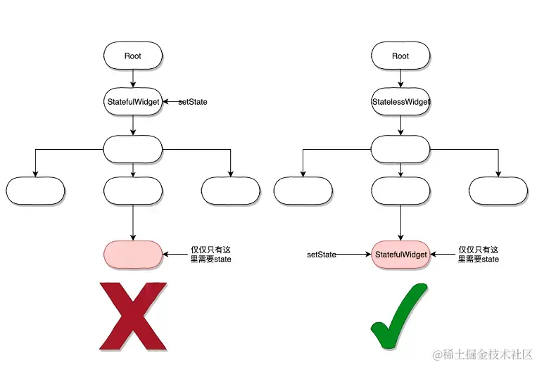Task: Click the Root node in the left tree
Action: pyautogui.click(x=133, y=56)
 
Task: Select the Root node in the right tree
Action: pyautogui.click(x=400, y=56)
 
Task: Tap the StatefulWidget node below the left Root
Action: pyautogui.click(x=133, y=102)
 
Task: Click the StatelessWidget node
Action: pyautogui.click(x=400, y=102)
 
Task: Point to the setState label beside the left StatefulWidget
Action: pyautogui.click(x=193, y=102)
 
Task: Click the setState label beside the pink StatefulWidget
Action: pyautogui.click(x=322, y=254)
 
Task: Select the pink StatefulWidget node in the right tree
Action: pyautogui.click(x=400, y=254)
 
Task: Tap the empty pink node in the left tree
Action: pyautogui.click(x=133, y=254)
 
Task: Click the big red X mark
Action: pyautogui.click(x=133, y=316)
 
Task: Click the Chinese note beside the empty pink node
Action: pyautogui.click(x=211, y=254)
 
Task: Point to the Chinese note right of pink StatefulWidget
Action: pyautogui.click(x=479, y=254)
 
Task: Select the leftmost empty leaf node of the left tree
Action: pyautogui.click(x=35, y=190)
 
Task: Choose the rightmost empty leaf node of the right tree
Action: pyautogui.click(x=498, y=190)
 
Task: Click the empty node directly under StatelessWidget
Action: pyautogui.click(x=400, y=148)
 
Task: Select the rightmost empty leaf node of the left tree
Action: pyautogui.click(x=231, y=190)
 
